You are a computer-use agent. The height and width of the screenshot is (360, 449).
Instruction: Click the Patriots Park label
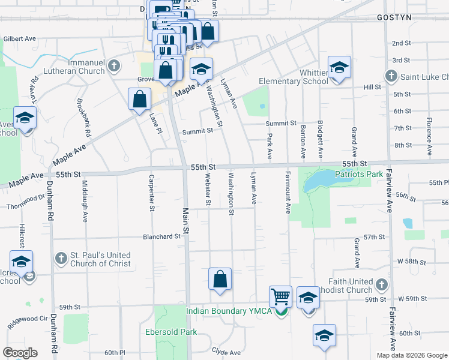pos(359,174)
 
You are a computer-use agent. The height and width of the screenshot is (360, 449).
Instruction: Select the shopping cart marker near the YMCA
pos(280,296)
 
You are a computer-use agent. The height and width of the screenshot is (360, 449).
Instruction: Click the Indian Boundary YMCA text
pos(229,311)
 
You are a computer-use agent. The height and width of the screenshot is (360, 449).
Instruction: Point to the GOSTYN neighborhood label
pos(394,17)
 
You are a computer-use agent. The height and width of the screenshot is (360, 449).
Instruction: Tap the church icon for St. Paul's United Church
pos(60,259)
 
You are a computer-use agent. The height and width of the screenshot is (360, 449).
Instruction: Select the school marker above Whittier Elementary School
pos(339,68)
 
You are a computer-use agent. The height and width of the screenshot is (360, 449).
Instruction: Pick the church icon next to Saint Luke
pos(391,76)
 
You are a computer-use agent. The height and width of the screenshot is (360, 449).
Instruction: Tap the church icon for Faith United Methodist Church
pos(381,283)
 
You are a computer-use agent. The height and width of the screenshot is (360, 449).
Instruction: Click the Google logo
pos(19,353)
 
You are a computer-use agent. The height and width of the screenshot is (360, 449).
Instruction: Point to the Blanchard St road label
pos(161,237)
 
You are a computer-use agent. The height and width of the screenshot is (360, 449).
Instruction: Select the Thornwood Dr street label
pos(26,206)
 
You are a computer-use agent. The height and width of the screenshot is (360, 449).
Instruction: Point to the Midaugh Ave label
pos(85,192)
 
